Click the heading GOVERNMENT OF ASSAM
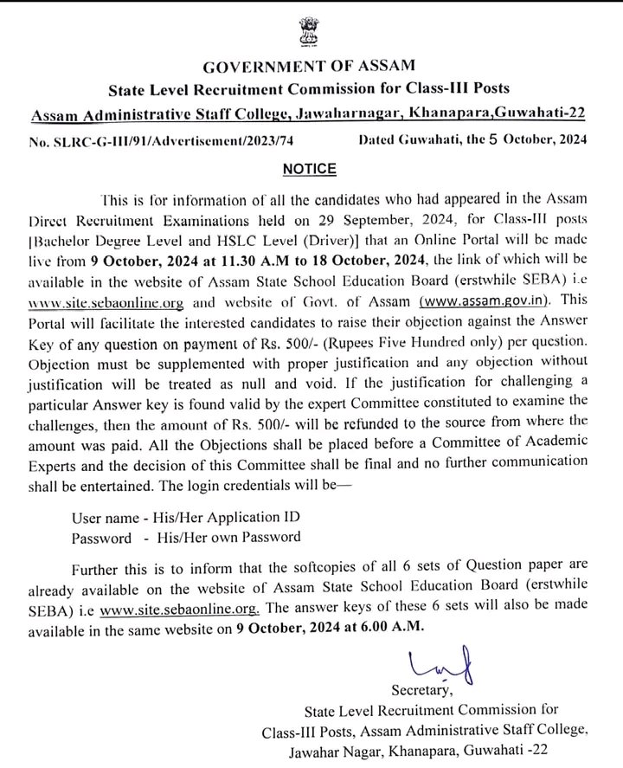(311, 66)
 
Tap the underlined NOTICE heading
(310, 166)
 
